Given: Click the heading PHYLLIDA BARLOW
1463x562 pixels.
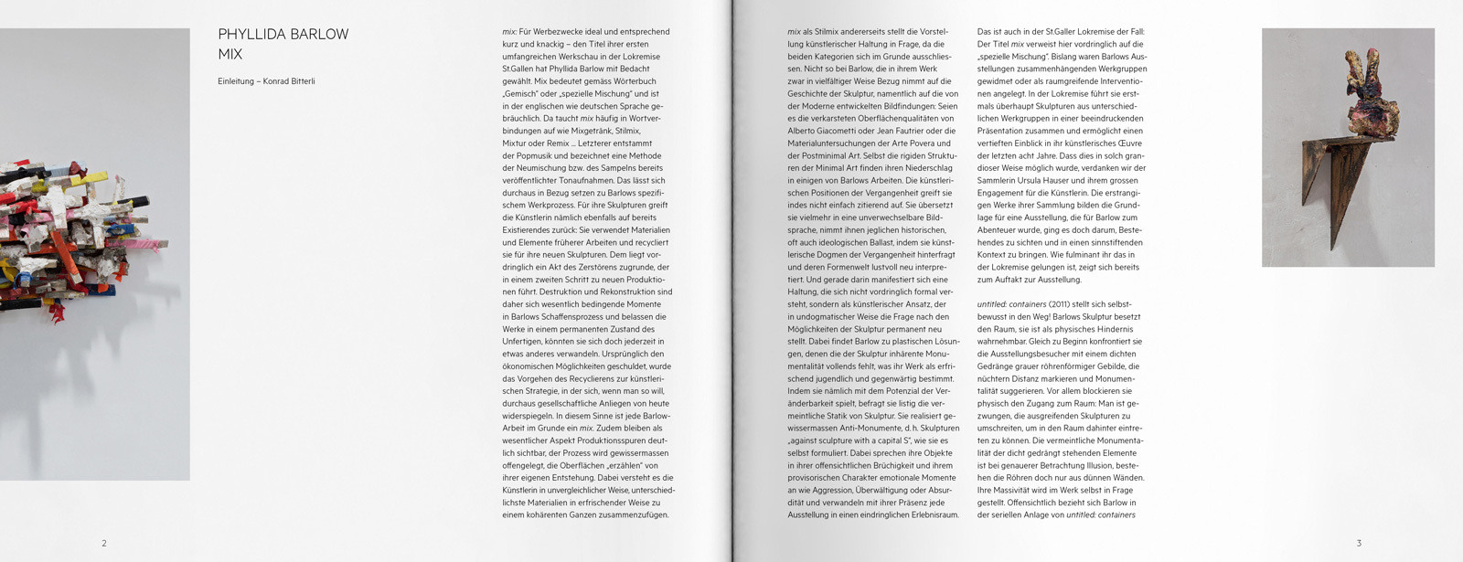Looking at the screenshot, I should pyautogui.click(x=283, y=35).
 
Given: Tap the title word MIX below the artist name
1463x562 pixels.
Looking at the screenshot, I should pyautogui.click(x=230, y=55).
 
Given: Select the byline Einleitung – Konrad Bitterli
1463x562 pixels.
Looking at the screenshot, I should pyautogui.click(x=266, y=81).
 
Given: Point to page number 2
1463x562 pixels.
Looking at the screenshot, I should pyautogui.click(x=104, y=543).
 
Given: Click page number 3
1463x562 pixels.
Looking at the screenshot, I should pyautogui.click(x=1359, y=543).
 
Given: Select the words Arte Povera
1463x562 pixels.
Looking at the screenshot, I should pyautogui.click(x=929, y=143).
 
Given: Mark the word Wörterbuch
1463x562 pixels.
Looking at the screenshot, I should pyautogui.click(x=632, y=80).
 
